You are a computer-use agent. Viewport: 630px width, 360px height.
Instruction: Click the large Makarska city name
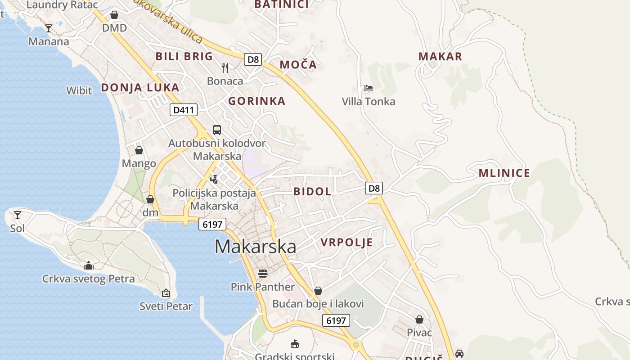tap(255, 247)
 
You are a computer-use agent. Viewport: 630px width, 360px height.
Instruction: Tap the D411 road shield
tap(184, 110)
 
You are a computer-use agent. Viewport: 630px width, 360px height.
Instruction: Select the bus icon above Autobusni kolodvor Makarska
tap(217, 130)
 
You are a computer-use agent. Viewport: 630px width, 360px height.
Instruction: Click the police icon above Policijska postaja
tap(214, 179)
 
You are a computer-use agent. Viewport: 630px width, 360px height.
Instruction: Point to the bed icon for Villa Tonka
tap(369, 88)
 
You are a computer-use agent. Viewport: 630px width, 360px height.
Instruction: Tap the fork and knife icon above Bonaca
tap(225, 68)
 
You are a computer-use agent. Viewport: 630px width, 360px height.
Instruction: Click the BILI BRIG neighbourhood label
tap(184, 56)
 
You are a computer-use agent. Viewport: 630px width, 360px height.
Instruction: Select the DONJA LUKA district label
tap(140, 87)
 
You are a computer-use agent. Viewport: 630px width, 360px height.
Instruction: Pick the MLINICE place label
tap(504, 173)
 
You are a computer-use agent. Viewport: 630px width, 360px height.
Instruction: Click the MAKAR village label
tap(440, 56)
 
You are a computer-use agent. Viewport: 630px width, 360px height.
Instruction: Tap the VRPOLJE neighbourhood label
tap(346, 242)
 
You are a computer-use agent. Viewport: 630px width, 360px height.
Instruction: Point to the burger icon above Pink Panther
tap(262, 273)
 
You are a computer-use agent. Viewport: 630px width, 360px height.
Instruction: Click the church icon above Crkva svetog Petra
tap(89, 265)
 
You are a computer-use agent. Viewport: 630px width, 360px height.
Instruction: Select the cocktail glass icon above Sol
tap(18, 215)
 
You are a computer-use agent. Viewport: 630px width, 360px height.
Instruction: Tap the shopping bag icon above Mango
tap(139, 150)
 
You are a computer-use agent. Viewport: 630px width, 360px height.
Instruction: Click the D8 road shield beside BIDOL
tap(374, 188)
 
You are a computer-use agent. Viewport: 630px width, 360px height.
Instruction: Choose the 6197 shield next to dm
tap(212, 224)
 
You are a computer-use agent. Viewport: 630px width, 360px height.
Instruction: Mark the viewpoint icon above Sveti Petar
tap(166, 293)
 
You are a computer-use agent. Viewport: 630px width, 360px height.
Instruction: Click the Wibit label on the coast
tap(79, 90)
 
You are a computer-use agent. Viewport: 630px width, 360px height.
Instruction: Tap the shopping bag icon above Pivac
tap(419, 319)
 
